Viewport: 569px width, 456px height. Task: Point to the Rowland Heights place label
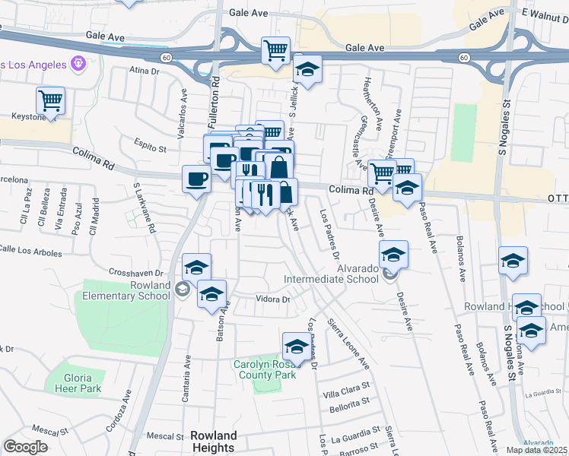click(214, 442)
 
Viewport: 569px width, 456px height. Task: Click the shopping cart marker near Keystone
click(50, 100)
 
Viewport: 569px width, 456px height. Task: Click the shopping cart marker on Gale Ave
click(275, 50)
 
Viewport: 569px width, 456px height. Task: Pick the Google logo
click(25, 447)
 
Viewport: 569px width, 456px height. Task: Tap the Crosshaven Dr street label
click(136, 272)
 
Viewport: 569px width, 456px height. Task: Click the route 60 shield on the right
click(463, 58)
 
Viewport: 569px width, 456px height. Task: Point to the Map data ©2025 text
click(537, 450)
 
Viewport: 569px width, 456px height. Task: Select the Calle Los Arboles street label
click(30, 249)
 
